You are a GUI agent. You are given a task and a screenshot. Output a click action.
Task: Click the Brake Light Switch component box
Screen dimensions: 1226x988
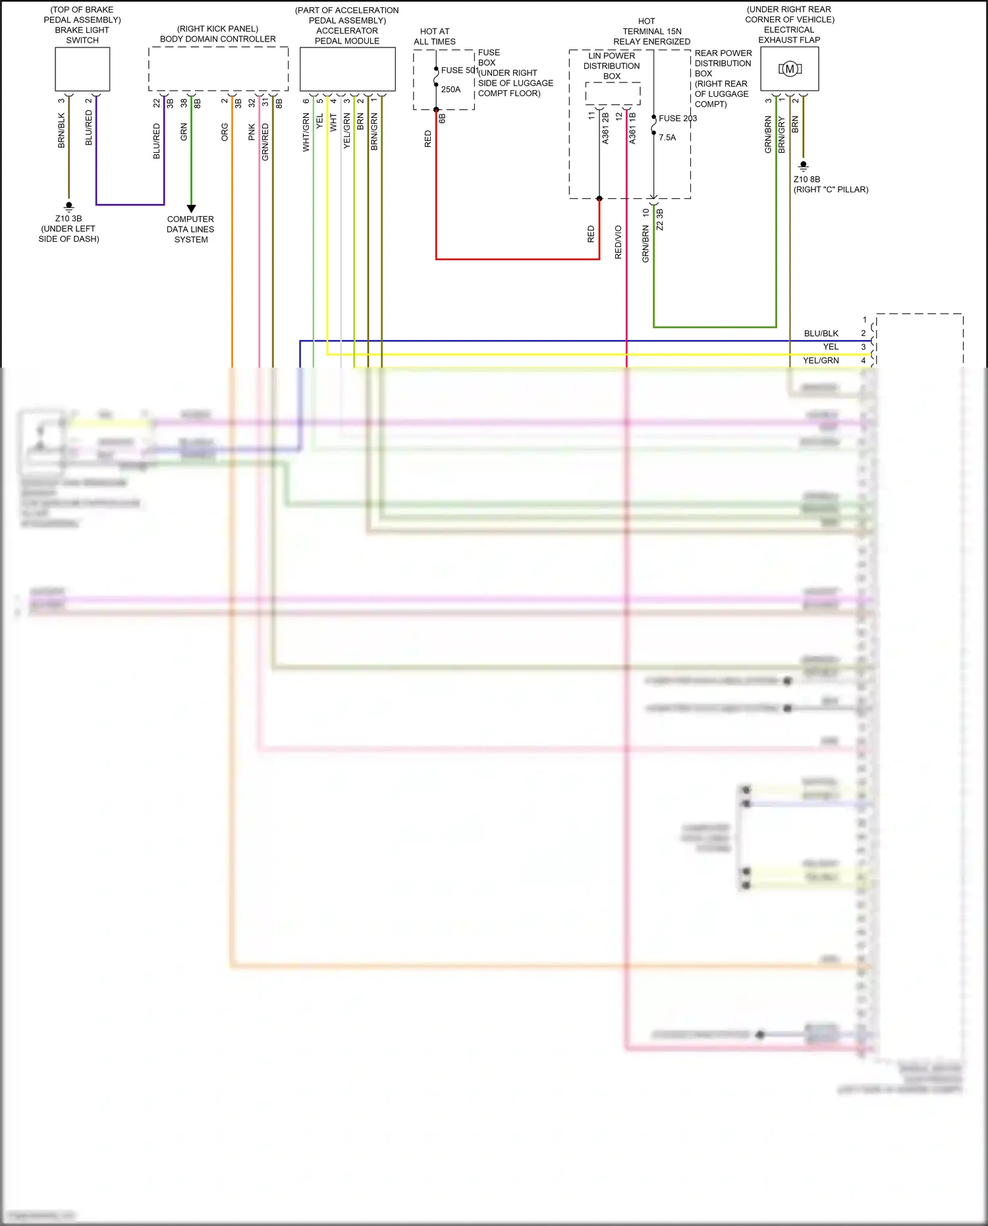[x=82, y=69]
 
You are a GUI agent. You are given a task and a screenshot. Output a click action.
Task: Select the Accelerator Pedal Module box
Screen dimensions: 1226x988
[x=347, y=69]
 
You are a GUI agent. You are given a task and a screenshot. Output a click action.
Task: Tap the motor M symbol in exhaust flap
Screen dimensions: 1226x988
[x=790, y=69]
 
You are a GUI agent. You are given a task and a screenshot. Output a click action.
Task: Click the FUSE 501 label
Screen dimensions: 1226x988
[x=459, y=70]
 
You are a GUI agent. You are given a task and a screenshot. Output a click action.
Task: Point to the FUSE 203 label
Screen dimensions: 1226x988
[x=678, y=119]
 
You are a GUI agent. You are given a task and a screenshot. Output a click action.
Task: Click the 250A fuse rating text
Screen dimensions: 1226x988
[x=451, y=90]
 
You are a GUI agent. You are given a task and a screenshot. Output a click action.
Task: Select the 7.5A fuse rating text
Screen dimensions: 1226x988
[x=667, y=138]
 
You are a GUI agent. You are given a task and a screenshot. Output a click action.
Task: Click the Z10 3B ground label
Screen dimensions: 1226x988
[x=69, y=219]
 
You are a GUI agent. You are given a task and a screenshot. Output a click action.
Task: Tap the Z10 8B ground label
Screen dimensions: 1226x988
[x=807, y=179]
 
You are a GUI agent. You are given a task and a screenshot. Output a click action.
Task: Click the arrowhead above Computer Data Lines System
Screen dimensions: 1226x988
[x=191, y=209]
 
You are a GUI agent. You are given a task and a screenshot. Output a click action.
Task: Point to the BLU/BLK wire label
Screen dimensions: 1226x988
[x=821, y=333]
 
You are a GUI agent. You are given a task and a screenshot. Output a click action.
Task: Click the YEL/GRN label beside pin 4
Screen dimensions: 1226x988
[x=821, y=360]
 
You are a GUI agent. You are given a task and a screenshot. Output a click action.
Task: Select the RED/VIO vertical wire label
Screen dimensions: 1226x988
[x=618, y=242]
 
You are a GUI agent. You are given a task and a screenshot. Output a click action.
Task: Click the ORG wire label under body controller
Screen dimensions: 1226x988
[x=225, y=132]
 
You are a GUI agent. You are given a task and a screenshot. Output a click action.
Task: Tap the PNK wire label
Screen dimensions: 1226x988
[x=252, y=132]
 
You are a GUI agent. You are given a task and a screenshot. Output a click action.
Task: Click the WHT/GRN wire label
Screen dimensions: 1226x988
[x=306, y=132]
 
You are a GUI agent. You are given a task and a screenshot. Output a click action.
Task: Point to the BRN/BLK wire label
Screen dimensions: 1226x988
[x=61, y=130]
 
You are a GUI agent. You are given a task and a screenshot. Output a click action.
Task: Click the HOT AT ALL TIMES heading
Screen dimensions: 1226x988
[x=435, y=36]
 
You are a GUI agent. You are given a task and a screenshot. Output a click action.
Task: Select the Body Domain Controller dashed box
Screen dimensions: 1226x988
[x=218, y=69]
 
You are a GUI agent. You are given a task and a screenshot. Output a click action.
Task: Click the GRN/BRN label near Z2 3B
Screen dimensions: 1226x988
[x=645, y=244]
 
